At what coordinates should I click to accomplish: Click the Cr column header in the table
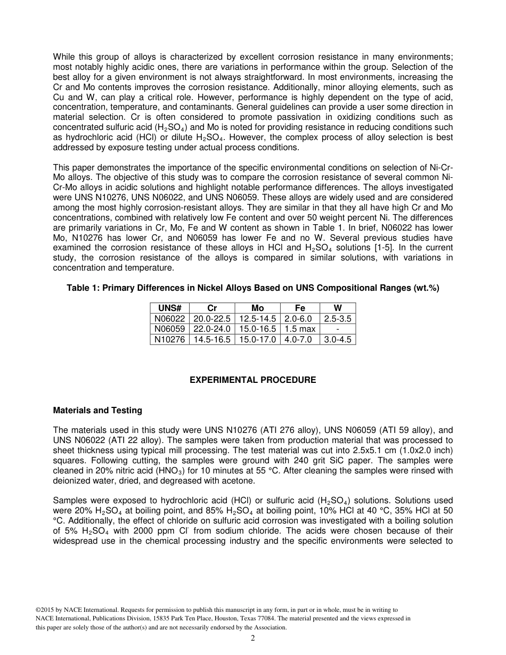coord(211,308)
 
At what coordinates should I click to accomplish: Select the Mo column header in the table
coord(257,308)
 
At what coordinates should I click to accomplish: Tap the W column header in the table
coord(338,308)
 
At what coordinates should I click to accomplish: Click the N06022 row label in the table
coord(169,318)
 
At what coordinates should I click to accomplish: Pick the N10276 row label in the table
coord(169,339)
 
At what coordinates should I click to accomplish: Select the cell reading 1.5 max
coord(299,329)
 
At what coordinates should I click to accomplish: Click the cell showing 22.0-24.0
coord(211,329)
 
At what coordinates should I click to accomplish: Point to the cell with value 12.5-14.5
coord(257,318)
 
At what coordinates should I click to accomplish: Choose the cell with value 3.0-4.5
coord(338,339)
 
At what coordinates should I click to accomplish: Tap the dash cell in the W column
coord(338,329)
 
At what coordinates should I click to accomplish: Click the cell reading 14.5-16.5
coord(211,339)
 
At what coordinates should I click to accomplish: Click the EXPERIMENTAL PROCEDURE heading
coord(253,380)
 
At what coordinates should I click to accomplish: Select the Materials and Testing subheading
coord(97,410)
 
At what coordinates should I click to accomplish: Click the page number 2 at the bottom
coord(253,638)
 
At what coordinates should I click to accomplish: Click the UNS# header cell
coord(169,308)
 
